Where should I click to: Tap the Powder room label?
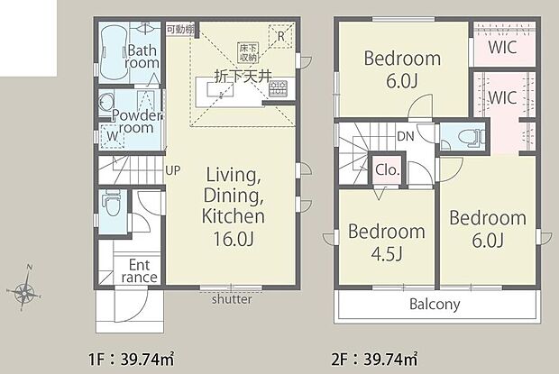138,122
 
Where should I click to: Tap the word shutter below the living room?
232,300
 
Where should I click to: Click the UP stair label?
172,169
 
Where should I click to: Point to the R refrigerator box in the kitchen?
282,37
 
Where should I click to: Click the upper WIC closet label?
502,48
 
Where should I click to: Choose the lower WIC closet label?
502,97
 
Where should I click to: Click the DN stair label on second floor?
406,137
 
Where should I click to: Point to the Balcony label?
435,304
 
